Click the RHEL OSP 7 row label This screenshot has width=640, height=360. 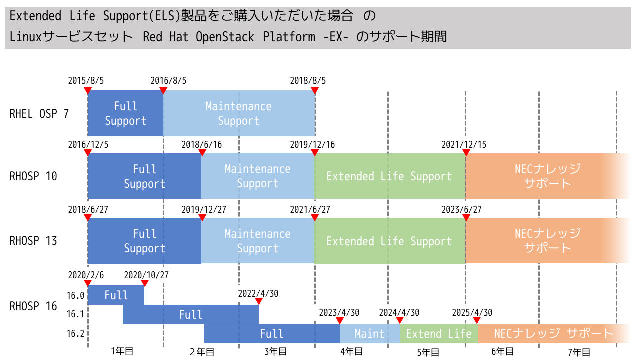(x=39, y=114)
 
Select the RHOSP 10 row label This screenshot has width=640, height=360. (x=33, y=176)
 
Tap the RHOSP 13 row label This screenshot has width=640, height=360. (x=33, y=241)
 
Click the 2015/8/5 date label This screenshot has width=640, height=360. (x=86, y=80)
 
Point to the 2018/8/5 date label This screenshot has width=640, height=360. (x=308, y=80)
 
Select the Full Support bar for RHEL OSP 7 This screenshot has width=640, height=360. (x=125, y=113)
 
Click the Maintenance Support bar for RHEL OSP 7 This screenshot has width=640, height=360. (x=239, y=113)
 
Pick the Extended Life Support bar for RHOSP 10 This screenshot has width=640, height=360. (x=389, y=176)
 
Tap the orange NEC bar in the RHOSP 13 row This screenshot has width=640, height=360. (x=548, y=241)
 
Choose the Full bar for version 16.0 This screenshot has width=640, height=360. (x=116, y=295)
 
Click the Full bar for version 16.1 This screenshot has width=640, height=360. (x=191, y=315)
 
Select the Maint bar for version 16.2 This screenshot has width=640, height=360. (x=369, y=334)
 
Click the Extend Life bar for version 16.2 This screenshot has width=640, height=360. (x=438, y=334)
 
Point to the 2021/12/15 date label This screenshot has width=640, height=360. (x=464, y=145)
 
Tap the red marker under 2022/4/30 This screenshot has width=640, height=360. (x=259, y=301)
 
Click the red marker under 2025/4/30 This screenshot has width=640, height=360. (x=477, y=320)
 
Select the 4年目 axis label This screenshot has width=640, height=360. (x=352, y=352)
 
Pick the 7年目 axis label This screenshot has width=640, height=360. (x=579, y=352)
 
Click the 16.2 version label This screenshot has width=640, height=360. (x=75, y=334)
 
